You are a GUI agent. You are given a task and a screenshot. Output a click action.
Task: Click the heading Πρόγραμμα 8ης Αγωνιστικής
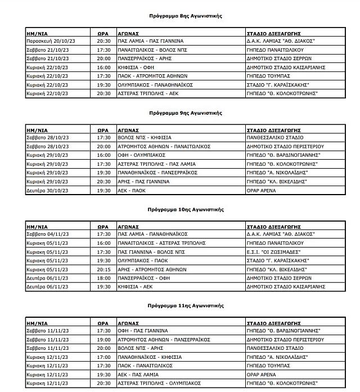(x=186, y=16)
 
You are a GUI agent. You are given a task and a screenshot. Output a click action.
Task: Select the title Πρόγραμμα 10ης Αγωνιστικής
(x=186, y=209)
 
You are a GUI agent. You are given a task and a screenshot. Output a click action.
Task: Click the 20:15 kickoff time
(x=103, y=269)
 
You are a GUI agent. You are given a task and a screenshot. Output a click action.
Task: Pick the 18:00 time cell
(x=103, y=278)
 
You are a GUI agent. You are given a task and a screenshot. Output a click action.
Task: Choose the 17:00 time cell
(x=103, y=357)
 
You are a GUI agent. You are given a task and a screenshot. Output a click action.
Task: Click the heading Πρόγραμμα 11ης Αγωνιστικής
(x=186, y=305)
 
